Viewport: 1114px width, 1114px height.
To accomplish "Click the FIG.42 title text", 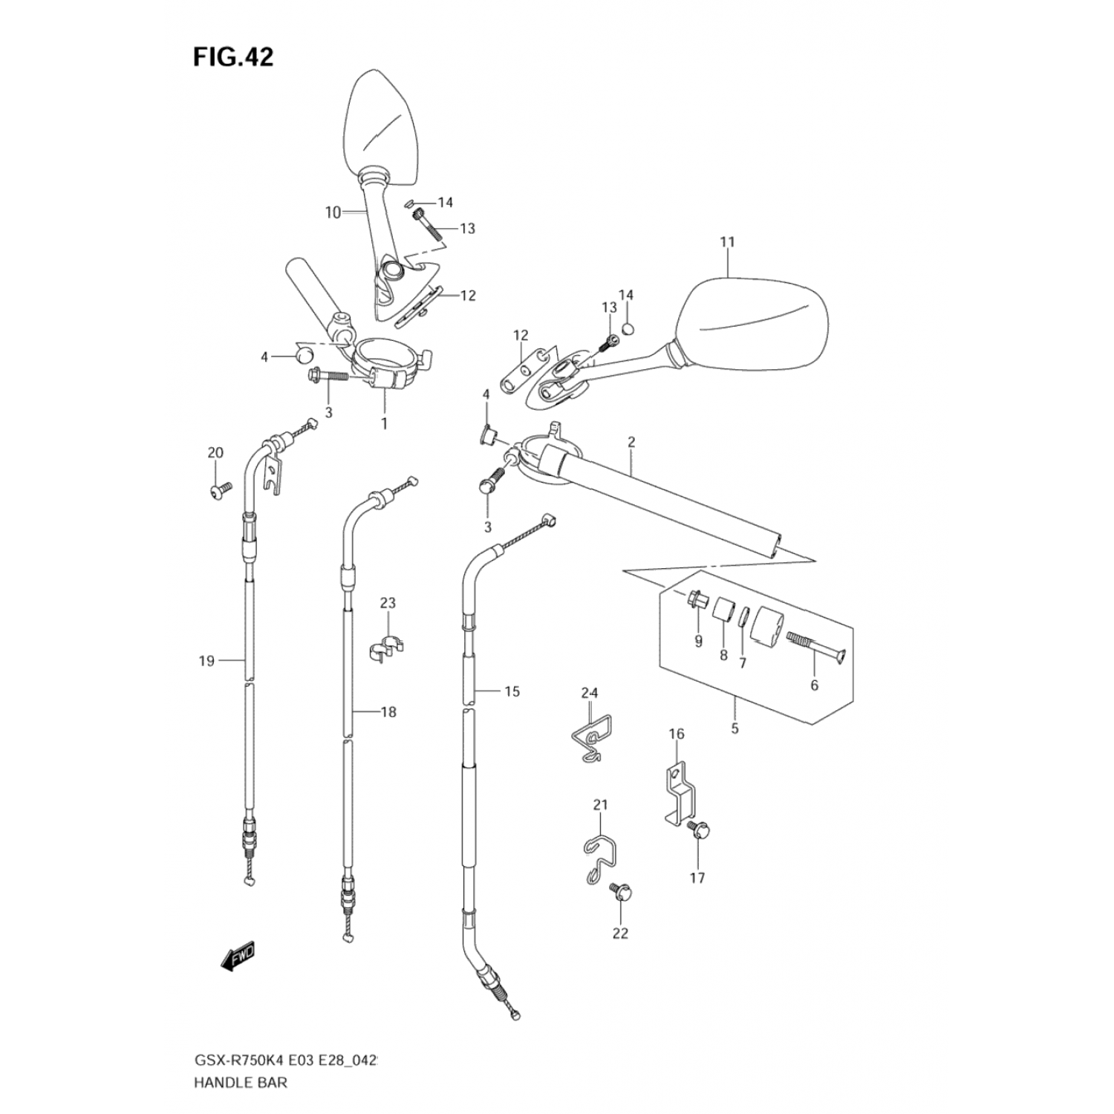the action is coord(233,56).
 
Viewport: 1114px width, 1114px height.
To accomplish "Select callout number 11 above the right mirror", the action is coord(727,242).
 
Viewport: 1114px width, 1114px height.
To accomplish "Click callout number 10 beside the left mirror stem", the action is coord(333,212).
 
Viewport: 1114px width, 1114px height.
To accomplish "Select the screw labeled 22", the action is coord(619,891).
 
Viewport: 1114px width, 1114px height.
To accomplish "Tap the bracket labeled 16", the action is coord(676,795).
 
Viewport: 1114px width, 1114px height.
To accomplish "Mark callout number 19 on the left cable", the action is coord(206,660).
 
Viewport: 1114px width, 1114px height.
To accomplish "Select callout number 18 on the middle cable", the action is coord(388,712).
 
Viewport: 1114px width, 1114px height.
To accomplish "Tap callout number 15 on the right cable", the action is coord(512,691).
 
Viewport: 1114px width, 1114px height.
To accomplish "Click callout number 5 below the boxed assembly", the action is coord(734,728).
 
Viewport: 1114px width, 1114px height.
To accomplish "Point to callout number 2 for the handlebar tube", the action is coord(631,442).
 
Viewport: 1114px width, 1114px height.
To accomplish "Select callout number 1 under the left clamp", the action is coord(384,423).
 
